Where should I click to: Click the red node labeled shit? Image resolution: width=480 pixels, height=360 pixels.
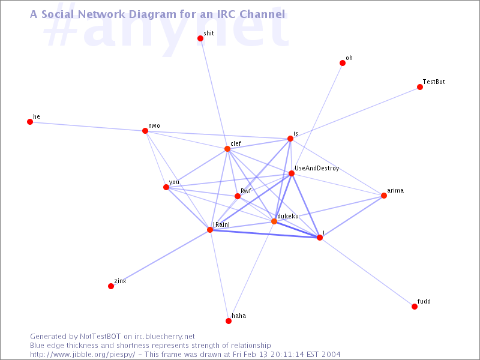pos(200,38)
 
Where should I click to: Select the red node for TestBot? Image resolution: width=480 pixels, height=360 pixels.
pos(420,87)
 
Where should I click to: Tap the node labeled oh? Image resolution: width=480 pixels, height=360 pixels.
pos(343,63)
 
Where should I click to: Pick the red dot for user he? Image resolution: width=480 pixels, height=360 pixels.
pos(30,122)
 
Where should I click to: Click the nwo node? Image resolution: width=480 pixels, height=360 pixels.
pos(145,131)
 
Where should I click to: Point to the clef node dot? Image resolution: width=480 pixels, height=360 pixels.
pos(227,149)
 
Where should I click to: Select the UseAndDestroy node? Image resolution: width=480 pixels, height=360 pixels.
pos(292,173)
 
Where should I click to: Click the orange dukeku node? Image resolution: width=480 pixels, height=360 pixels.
pos(274,221)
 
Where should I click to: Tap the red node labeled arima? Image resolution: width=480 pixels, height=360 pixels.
pos(384,196)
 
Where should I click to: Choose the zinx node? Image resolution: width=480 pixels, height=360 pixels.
pos(111,286)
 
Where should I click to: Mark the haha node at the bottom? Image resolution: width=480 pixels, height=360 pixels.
pos(229,321)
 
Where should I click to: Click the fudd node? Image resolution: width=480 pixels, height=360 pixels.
pos(415,307)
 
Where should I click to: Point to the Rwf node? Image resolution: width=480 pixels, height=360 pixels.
pos(238,196)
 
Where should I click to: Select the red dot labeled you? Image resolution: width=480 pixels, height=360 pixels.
pos(166,187)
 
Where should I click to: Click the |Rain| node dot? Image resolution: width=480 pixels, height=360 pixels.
pos(210,229)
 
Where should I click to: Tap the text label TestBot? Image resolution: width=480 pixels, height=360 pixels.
pos(433,82)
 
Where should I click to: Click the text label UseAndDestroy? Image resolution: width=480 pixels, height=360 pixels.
pos(317,169)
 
